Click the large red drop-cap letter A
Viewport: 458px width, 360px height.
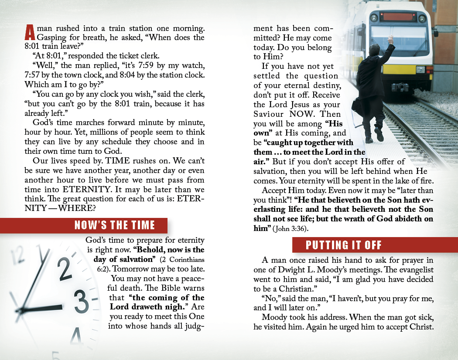[30, 32]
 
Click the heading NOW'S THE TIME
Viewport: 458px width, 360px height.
[114, 225]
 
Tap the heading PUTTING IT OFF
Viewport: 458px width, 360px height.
[344, 245]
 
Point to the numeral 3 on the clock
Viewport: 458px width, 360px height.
[81, 302]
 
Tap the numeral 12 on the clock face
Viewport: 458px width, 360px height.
[17, 255]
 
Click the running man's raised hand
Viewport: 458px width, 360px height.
[390, 39]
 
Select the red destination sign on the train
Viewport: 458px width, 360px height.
[398, 17]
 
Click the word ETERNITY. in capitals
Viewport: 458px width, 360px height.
[87, 190]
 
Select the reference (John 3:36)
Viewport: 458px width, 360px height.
[291, 229]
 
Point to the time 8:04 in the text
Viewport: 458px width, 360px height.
[127, 75]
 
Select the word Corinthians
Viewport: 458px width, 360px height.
[187, 260]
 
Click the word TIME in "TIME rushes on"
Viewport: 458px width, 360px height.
[117, 160]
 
